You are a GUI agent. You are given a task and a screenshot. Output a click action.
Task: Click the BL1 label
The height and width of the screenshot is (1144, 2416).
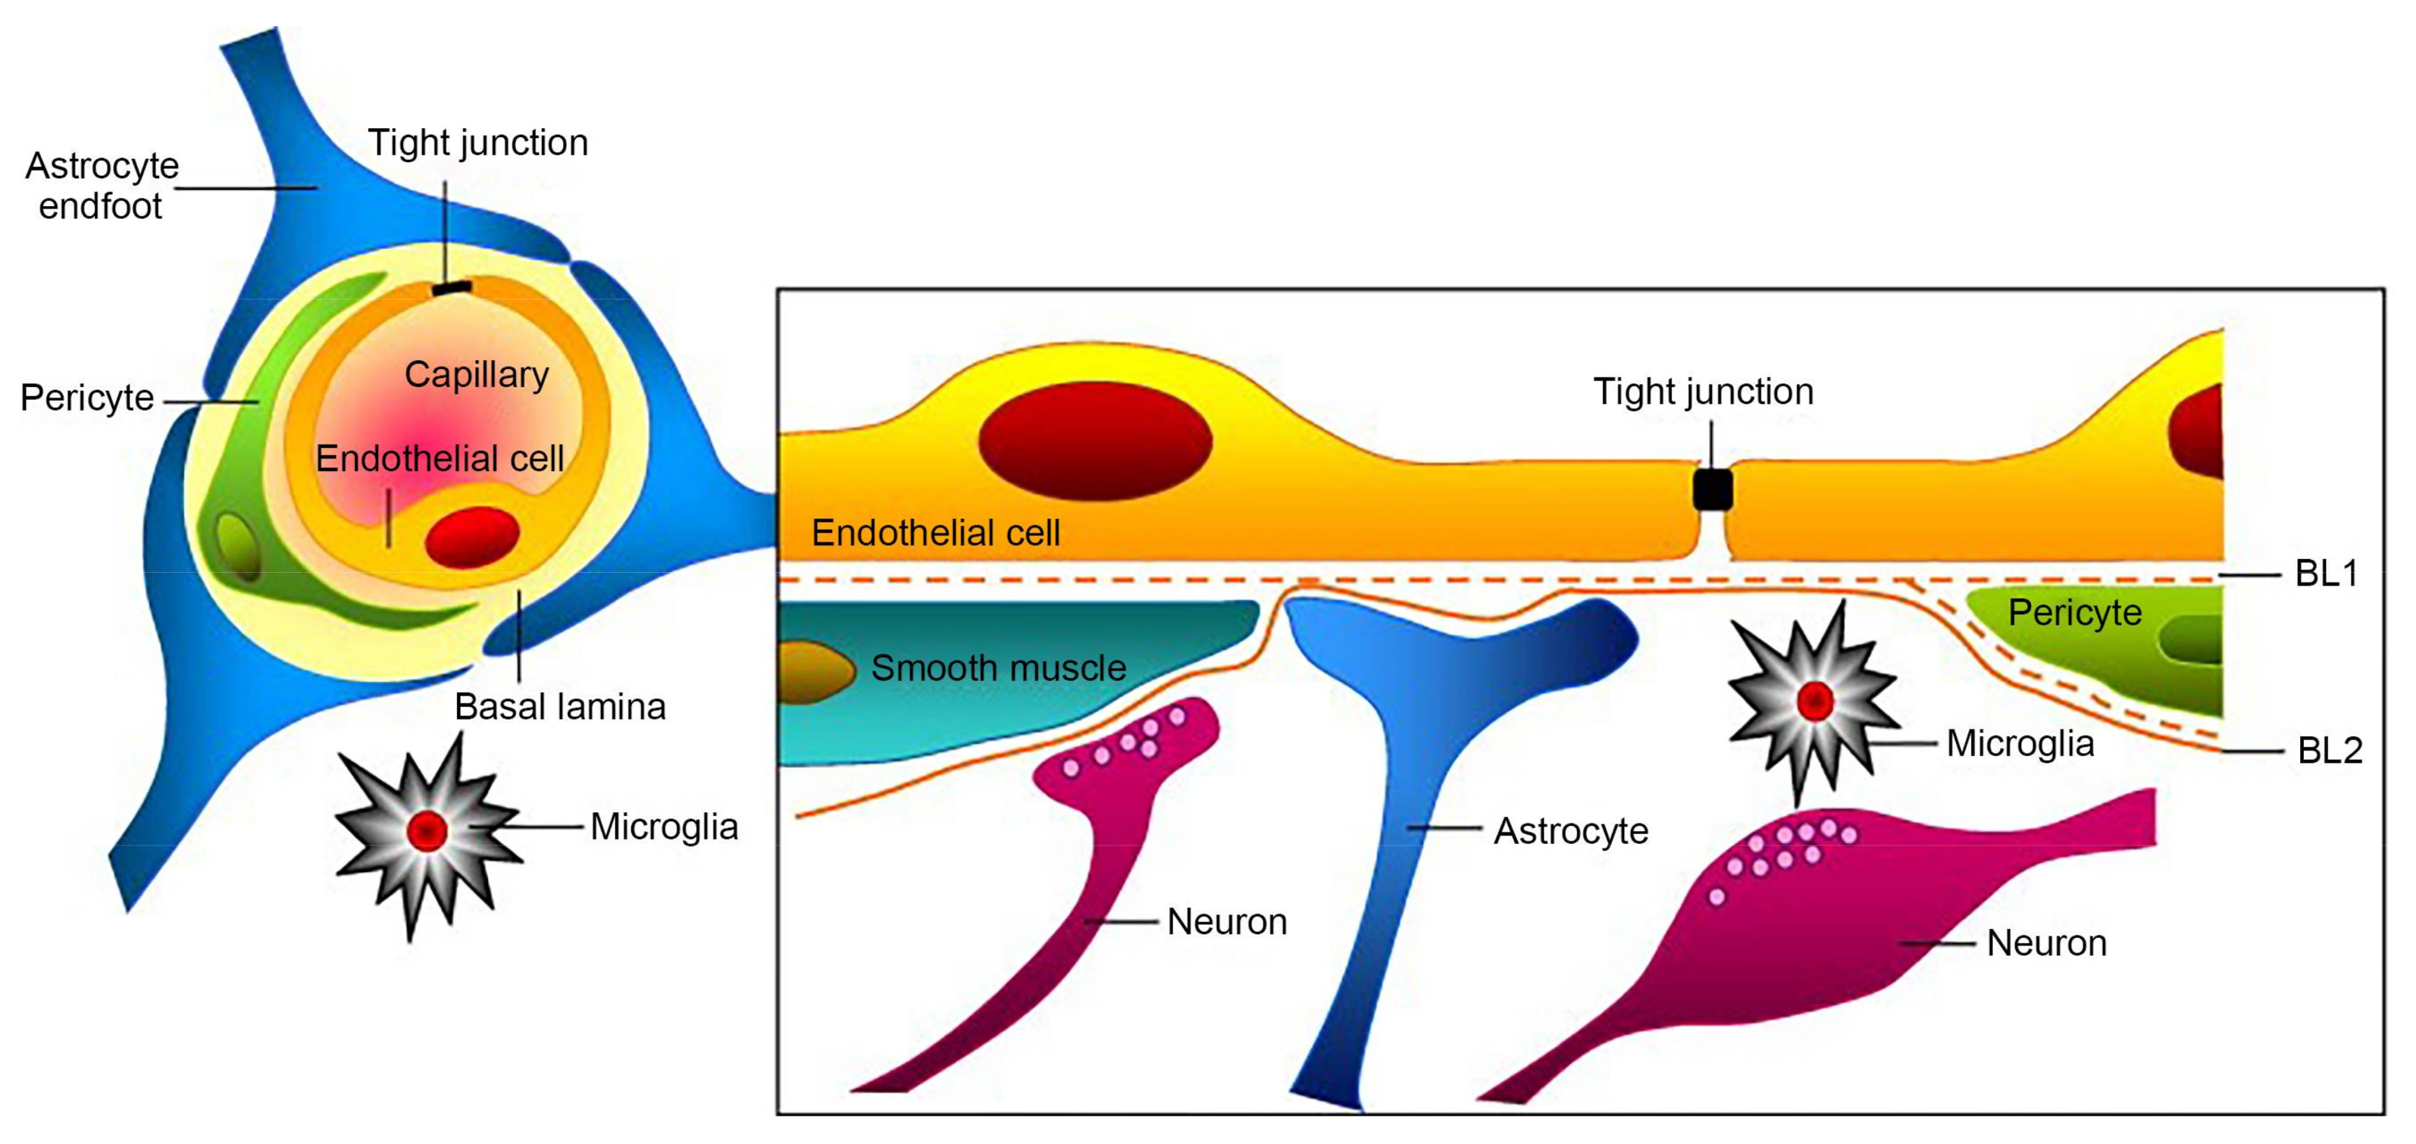point(2326,573)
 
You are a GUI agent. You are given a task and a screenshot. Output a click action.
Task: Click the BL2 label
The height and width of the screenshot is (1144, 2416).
point(2330,750)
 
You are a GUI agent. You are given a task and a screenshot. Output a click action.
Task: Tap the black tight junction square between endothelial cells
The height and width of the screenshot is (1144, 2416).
point(1713,489)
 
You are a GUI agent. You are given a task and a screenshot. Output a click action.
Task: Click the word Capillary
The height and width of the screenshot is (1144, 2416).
point(477,374)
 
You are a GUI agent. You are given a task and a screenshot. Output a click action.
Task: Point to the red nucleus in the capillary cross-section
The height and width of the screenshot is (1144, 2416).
point(472,537)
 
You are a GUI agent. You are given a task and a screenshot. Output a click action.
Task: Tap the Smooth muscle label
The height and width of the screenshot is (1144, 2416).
point(998,667)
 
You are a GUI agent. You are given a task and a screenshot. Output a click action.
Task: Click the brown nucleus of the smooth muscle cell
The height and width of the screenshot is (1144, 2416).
point(812,671)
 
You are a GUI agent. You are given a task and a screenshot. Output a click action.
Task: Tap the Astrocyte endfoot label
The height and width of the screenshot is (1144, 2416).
point(102,186)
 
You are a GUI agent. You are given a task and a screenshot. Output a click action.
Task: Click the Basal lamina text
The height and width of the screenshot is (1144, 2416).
point(560,706)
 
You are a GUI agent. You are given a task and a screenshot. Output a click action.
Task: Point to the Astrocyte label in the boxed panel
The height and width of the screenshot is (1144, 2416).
point(1571,831)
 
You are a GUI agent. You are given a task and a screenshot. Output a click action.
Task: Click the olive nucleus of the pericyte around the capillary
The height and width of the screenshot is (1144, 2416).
point(237,547)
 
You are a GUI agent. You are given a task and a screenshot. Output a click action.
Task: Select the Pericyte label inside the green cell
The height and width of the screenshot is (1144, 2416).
point(2075,612)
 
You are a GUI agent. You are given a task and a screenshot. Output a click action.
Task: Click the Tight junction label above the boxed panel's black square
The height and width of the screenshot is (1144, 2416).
point(1703,391)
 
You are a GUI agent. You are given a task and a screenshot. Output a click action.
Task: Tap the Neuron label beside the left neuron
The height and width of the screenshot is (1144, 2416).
point(1227,922)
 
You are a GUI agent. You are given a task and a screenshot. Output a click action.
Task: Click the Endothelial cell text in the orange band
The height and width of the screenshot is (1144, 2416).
point(935,533)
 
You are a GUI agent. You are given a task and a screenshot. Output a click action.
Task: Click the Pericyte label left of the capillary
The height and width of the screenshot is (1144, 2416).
point(86,398)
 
